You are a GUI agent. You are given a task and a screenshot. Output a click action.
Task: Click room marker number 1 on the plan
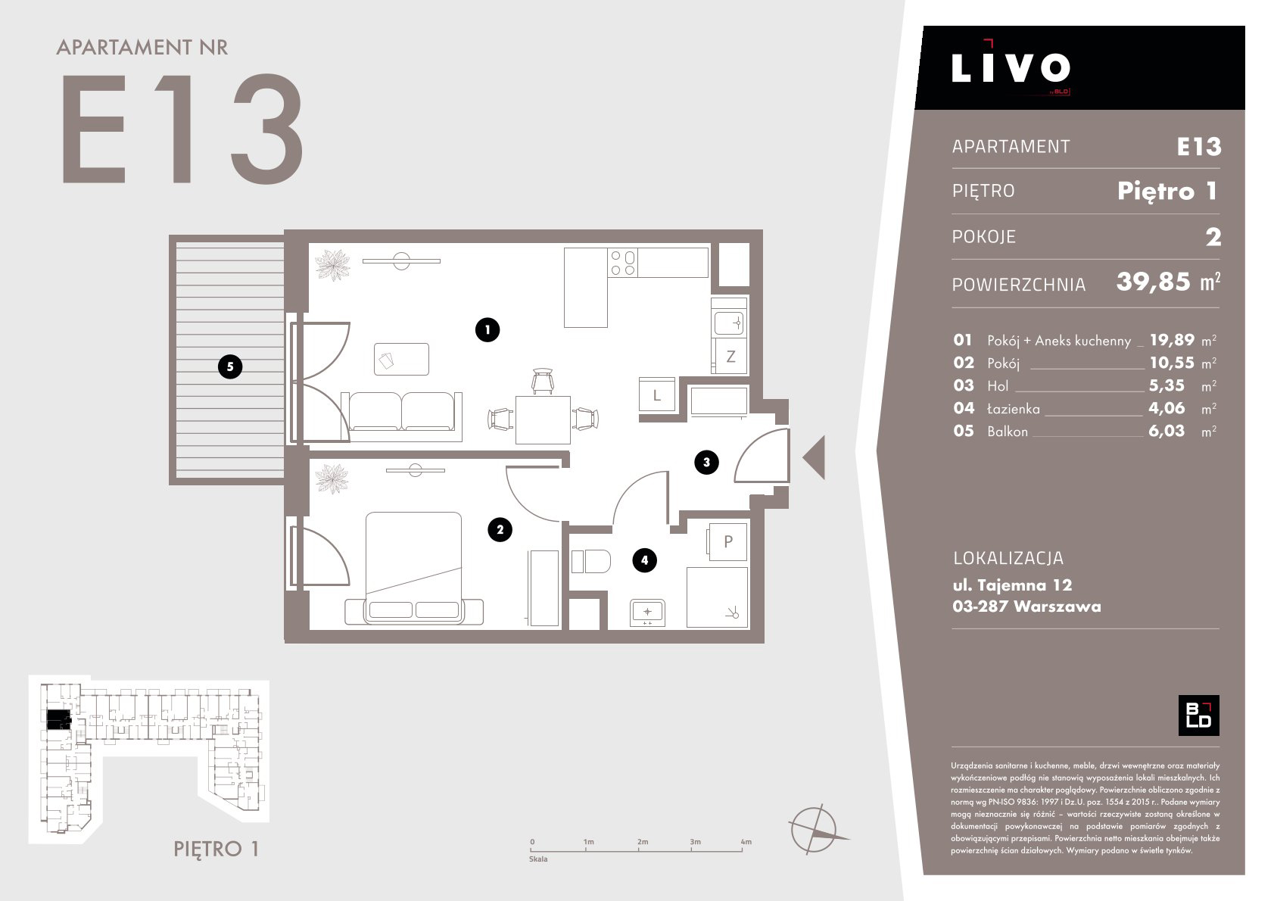click(487, 329)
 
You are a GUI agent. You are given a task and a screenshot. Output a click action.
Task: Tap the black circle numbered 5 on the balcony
click(230, 367)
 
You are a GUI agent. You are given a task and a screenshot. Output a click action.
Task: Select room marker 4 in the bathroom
click(644, 560)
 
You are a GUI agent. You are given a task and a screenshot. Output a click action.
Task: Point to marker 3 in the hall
click(706, 463)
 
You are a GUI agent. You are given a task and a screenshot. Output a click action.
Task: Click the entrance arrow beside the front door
click(816, 457)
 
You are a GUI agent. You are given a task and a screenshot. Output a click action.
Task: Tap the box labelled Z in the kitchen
click(730, 357)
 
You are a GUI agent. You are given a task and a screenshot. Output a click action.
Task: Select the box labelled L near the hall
click(657, 394)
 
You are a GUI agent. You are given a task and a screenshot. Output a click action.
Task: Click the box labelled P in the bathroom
click(727, 541)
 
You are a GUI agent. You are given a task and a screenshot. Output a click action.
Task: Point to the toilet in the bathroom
click(590, 561)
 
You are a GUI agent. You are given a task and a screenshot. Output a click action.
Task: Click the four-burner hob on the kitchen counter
click(622, 263)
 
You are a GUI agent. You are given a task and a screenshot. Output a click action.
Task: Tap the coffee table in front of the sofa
click(401, 359)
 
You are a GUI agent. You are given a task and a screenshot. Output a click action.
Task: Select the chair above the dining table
click(543, 381)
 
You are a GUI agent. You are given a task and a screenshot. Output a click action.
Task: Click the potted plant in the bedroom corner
click(332, 479)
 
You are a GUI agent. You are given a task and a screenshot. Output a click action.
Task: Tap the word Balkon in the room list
click(1008, 432)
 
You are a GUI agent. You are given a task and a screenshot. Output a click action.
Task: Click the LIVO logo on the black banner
click(1011, 67)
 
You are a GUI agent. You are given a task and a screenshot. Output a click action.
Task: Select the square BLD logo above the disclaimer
click(1198, 715)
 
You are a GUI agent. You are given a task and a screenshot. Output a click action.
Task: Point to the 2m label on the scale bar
click(642, 842)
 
